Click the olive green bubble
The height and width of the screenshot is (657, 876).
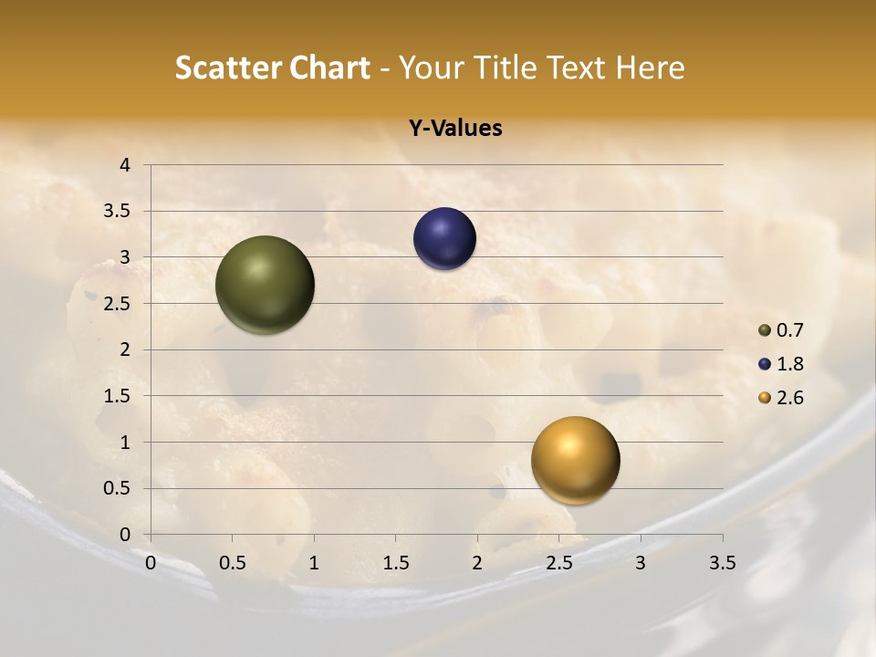265,285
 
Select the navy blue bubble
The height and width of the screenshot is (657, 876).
444,239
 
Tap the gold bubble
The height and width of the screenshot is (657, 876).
575,460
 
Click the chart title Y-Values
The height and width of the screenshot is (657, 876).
454,129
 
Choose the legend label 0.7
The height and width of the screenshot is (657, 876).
789,330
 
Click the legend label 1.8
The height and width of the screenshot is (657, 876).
789,364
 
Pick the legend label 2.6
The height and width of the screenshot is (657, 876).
789,398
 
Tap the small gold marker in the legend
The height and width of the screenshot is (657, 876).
765,398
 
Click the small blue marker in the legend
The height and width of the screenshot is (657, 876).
765,364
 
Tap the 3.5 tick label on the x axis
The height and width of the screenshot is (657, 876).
722,563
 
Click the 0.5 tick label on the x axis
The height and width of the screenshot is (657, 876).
232,563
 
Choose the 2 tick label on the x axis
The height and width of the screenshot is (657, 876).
477,563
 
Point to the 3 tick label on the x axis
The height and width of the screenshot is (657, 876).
641,563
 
